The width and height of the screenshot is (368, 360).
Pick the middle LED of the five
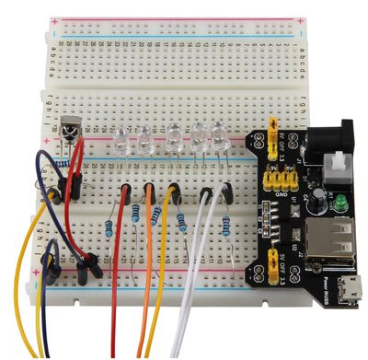tap(175, 139)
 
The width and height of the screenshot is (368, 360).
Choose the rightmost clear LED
tap(219, 137)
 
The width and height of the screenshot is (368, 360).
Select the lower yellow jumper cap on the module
tap(273, 269)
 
